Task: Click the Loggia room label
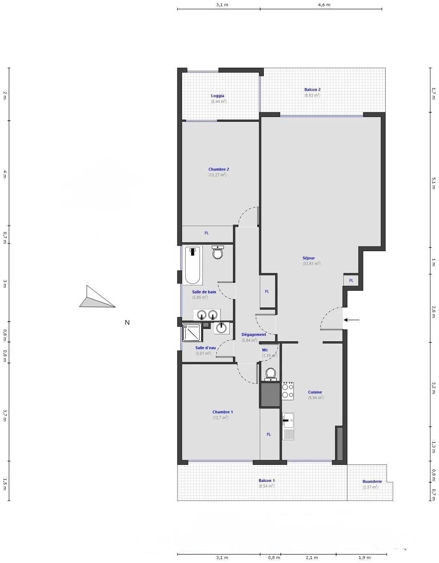[x=218, y=96]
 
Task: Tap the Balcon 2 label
[x=312, y=90]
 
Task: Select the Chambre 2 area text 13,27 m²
[x=218, y=175]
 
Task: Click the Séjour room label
[x=309, y=258]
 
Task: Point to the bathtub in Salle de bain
[x=193, y=265]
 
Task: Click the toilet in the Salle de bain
[x=218, y=252]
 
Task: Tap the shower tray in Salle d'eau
[x=192, y=333]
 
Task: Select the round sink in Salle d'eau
[x=221, y=328]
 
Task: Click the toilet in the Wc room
[x=271, y=374]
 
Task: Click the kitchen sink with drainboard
[x=288, y=426]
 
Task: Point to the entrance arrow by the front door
[x=351, y=320]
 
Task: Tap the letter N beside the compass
[x=127, y=322]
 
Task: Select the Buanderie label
[x=372, y=482]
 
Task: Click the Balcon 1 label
[x=266, y=480]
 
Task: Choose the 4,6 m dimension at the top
[x=324, y=5]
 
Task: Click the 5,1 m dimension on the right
[x=434, y=183]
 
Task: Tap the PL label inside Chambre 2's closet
[x=207, y=233]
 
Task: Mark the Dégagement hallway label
[x=254, y=334]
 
